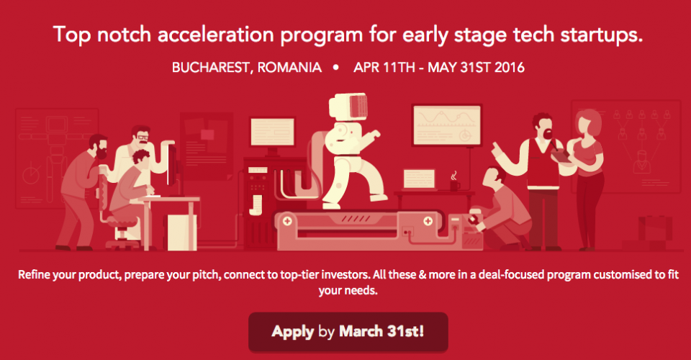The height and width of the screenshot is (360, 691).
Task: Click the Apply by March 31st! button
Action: pyautogui.click(x=348, y=332)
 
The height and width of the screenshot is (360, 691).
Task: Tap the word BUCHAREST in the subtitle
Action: pyautogui.click(x=210, y=68)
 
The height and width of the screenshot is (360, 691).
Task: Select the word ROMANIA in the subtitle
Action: pyautogui.click(x=289, y=68)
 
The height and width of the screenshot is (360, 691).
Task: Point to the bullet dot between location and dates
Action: pyautogui.click(x=336, y=68)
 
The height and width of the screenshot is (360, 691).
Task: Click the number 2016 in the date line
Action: pyautogui.click(x=510, y=68)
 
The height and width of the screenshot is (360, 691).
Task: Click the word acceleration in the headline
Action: pyautogui.click(x=216, y=35)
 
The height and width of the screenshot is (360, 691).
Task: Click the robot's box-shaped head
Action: pyautogui.click(x=348, y=106)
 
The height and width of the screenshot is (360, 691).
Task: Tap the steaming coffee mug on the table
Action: pyautogui.click(x=454, y=182)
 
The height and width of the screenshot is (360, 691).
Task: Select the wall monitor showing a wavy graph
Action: pyautogui.click(x=447, y=125)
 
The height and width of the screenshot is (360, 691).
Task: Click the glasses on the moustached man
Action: pyautogui.click(x=143, y=137)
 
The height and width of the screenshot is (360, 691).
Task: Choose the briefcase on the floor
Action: pyautogui.click(x=655, y=228)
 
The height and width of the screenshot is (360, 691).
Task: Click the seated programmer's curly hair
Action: pyautogui.click(x=141, y=157)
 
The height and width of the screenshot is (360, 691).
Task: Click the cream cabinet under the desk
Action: pyautogui.click(x=181, y=232)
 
